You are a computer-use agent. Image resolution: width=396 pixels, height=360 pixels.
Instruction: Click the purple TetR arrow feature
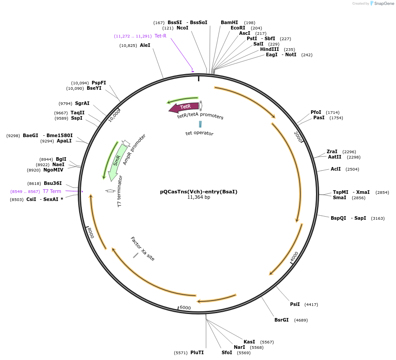point(184,107)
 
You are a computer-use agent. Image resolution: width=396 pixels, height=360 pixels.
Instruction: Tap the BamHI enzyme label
point(229,22)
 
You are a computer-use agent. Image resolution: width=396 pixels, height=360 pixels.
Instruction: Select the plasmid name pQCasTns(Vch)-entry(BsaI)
point(198,192)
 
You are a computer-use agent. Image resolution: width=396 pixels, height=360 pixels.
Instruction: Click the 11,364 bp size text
point(198,197)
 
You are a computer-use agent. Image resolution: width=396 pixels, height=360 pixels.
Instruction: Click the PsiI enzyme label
point(295,304)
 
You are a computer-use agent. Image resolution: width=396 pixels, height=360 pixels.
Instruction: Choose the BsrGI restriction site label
point(282,320)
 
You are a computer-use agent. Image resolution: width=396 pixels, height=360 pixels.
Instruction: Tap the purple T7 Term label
point(52,191)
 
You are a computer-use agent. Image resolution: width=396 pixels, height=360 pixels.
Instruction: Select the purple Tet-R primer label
point(160,36)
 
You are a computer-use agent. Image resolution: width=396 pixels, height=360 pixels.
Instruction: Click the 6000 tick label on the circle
point(185,308)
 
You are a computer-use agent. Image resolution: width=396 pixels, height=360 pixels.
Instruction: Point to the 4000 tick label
point(294,257)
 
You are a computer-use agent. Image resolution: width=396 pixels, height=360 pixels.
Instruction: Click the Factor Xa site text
point(143,249)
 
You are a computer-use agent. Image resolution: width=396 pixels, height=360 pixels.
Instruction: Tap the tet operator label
point(199,133)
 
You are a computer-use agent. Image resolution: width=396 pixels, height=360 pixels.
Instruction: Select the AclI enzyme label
point(336,169)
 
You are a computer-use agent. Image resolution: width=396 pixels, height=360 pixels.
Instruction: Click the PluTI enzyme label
point(197,352)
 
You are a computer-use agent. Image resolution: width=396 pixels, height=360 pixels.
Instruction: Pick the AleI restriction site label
point(145,45)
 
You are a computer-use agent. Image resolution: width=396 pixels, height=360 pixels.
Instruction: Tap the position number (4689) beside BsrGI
point(301,320)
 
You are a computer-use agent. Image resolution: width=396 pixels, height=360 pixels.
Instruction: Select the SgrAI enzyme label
point(82,103)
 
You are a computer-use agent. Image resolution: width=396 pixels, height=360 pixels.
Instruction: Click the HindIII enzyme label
point(271,49)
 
